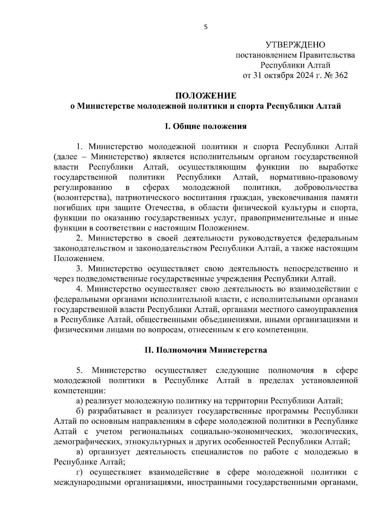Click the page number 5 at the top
pos(206,27)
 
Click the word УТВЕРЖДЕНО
pos(295,45)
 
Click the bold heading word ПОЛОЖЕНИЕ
pos(206,96)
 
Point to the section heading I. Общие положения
pos(206,126)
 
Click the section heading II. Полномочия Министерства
pos(206,350)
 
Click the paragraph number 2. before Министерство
pos(80,238)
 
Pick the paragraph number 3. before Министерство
pos(80,269)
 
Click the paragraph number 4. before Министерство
pos(80,289)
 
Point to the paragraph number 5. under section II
pos(80,370)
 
